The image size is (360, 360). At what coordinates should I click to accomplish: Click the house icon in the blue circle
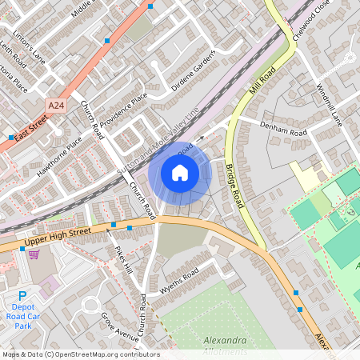coord(180,173)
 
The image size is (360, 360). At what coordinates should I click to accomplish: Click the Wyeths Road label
coord(178,282)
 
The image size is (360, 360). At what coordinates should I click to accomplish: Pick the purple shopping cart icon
coord(34,254)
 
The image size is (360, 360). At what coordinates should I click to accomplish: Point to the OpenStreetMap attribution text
coord(81,354)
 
